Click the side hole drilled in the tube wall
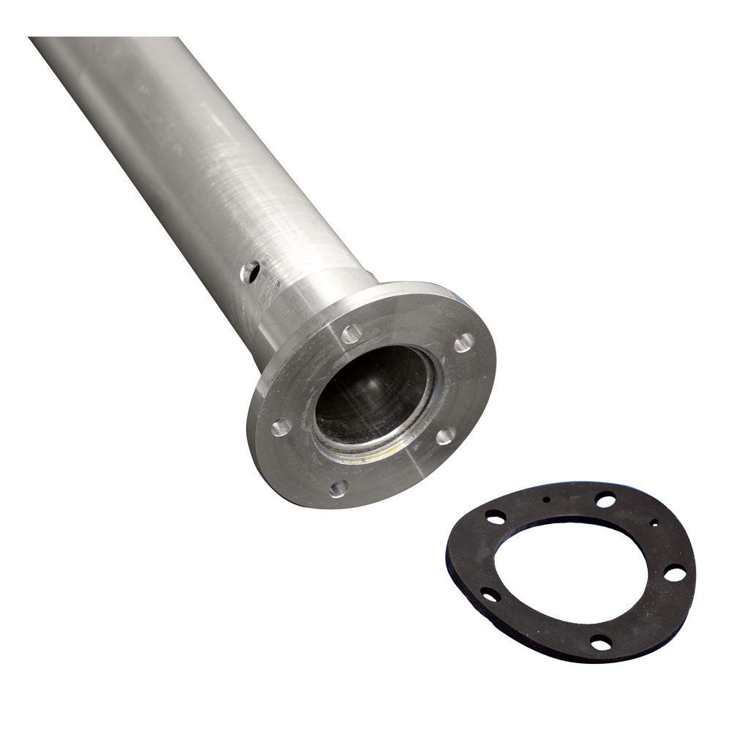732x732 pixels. point(250,272)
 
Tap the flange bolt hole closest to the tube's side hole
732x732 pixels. point(351,334)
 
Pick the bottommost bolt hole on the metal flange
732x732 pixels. point(338,488)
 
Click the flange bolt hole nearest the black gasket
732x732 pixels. point(445,437)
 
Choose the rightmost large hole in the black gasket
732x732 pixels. point(674,573)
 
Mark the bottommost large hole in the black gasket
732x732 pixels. point(601,643)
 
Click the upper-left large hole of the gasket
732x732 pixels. point(495,517)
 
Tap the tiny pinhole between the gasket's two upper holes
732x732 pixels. point(547,500)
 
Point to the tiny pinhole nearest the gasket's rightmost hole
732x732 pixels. point(654,523)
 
